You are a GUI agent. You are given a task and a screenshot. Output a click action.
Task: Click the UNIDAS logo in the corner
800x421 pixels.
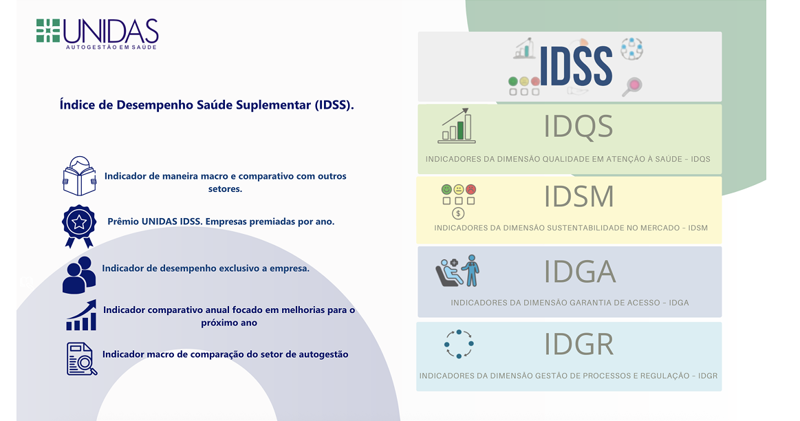[97, 33]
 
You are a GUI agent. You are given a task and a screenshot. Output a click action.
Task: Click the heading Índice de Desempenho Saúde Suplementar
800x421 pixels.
[207, 105]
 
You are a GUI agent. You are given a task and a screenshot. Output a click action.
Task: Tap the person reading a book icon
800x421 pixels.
[79, 177]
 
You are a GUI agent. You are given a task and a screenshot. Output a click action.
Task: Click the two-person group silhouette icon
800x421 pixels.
[79, 274]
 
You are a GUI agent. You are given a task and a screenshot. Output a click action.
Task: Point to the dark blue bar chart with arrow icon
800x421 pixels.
[81, 316]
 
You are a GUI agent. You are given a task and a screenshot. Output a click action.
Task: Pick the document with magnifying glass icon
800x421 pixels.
[81, 358]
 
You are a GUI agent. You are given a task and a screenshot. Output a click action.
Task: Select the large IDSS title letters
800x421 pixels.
[576, 67]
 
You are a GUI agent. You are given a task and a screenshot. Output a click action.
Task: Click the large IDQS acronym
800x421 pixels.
[578, 127]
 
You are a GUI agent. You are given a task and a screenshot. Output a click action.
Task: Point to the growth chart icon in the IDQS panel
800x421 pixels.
[457, 126]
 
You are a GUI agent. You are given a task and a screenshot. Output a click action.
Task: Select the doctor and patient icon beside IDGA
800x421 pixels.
[457, 271]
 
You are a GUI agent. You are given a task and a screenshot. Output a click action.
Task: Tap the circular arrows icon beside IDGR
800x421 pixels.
[459, 344]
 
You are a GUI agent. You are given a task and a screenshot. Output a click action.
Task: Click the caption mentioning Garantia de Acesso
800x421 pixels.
[570, 303]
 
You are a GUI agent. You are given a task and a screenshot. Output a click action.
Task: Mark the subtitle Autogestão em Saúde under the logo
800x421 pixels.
[111, 47]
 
